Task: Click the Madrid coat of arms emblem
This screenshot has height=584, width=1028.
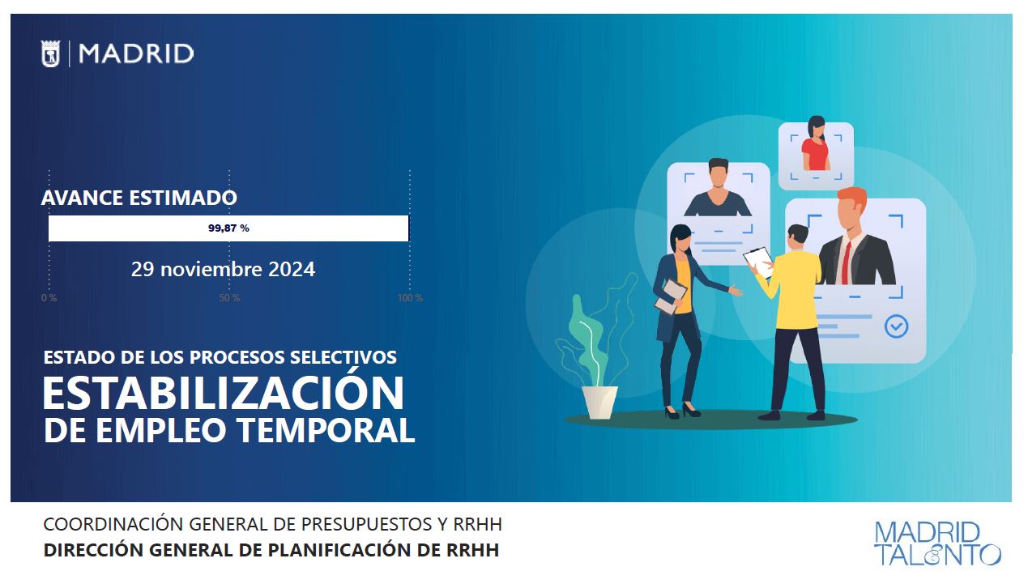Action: [50, 53]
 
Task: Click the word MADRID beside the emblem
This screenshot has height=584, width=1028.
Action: [136, 53]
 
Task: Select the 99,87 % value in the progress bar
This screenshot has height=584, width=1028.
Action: [228, 228]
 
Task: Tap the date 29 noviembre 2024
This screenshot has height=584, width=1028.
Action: [223, 269]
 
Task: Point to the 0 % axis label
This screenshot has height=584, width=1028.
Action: [49, 298]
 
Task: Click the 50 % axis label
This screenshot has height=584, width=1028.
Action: [229, 298]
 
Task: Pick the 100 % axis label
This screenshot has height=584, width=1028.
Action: [410, 298]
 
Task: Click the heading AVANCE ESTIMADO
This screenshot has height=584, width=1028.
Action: [139, 198]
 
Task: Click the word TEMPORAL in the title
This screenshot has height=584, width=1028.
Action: [326, 430]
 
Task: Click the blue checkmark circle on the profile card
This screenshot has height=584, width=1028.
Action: [896, 326]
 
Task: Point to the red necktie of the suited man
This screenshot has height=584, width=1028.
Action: [846, 262]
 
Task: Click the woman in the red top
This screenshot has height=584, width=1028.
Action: [816, 143]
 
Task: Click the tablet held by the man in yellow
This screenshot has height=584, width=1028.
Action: [759, 262]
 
